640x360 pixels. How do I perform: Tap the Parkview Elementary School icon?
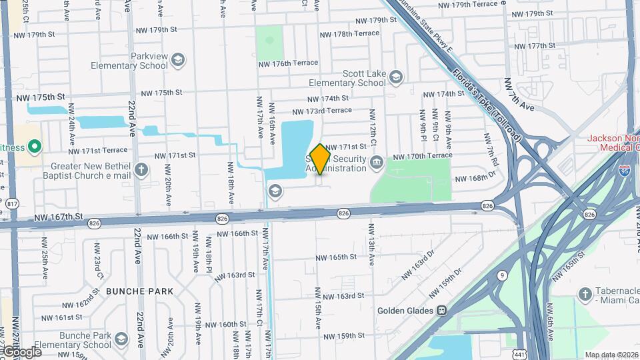coord(177,61)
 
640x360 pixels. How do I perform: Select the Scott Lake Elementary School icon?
coord(396,78)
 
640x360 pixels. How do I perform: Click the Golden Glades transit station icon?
coord(441,311)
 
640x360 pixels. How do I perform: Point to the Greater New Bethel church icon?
coord(141,169)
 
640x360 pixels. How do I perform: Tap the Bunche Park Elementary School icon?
coord(121,339)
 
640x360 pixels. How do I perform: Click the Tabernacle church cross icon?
coord(585,294)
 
